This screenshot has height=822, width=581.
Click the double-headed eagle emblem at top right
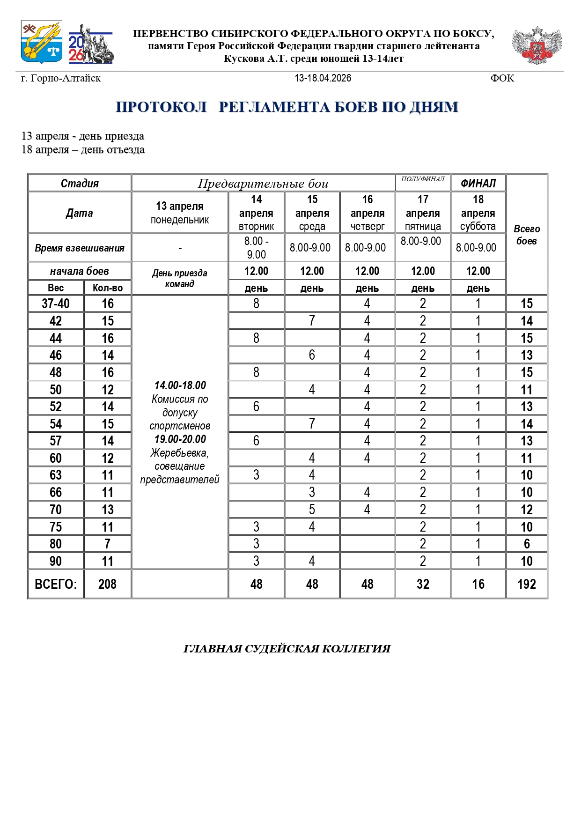tap(537, 45)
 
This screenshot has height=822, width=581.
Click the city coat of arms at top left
tap(41, 42)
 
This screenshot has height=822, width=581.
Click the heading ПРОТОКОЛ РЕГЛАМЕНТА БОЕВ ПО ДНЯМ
tap(287, 107)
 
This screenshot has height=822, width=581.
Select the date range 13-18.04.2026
tap(323, 78)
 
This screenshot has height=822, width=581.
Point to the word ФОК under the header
tap(502, 78)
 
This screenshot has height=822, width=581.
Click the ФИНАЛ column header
tap(478, 183)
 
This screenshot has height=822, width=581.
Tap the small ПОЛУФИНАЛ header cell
tap(423, 179)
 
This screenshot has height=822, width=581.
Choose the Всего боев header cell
tap(527, 235)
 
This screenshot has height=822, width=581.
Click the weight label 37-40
tap(56, 304)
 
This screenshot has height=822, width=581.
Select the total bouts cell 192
tap(527, 584)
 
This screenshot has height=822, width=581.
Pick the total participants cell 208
tap(107, 584)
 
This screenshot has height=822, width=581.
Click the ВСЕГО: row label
tap(56, 584)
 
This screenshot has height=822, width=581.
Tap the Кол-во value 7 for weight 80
tap(107, 544)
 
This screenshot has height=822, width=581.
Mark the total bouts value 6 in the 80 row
tap(527, 544)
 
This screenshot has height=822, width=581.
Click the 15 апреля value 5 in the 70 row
tap(312, 510)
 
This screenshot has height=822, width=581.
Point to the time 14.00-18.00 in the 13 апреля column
tap(180, 385)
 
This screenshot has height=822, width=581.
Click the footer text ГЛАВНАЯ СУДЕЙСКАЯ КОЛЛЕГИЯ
tap(287, 649)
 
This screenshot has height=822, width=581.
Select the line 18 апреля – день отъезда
tap(83, 150)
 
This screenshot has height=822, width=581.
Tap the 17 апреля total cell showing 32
tap(423, 584)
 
